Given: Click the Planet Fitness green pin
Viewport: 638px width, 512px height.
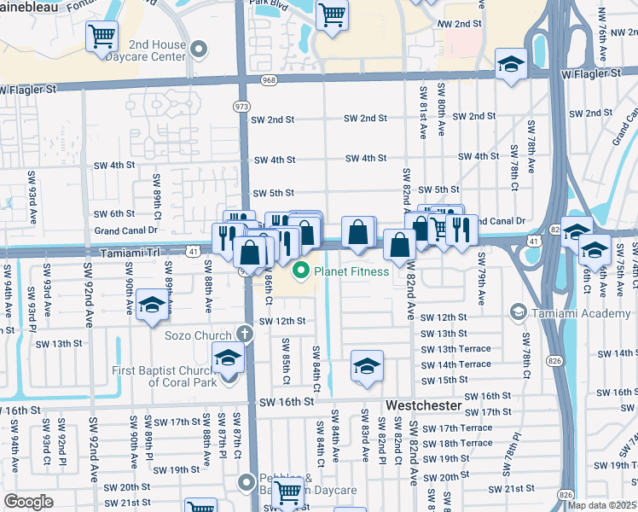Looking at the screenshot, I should [x=299, y=272].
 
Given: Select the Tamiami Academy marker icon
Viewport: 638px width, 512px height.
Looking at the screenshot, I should [x=518, y=313].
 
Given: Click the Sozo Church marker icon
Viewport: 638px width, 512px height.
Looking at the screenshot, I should [x=246, y=335].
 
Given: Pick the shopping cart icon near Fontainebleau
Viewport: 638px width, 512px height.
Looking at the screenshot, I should [x=101, y=37].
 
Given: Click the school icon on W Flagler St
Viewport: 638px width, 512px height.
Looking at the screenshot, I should [x=511, y=66].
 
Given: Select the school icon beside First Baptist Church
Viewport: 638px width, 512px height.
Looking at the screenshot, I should [x=228, y=358].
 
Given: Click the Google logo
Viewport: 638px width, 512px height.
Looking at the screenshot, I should [x=28, y=502].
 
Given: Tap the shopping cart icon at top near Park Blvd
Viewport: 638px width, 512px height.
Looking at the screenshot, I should [x=331, y=14].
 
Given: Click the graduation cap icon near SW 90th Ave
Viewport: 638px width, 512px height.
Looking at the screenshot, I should [x=152, y=305].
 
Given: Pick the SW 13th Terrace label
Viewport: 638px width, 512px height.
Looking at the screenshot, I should [x=455, y=349].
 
